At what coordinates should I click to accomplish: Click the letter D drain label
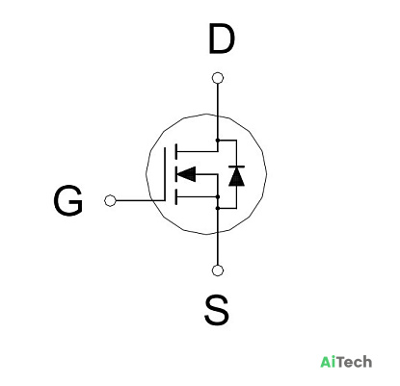(x=222, y=39)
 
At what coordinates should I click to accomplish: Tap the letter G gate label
(x=68, y=200)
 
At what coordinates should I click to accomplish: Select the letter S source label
(x=217, y=310)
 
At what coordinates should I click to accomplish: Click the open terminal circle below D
(x=218, y=78)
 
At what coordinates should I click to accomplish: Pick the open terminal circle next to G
(x=110, y=200)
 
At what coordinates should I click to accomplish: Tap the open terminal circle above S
(x=218, y=270)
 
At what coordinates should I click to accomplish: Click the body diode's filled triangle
(x=236, y=176)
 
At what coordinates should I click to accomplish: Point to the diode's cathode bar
(x=236, y=167)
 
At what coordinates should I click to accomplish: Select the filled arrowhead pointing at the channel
(x=186, y=174)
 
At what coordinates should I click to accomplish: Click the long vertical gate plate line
(x=165, y=174)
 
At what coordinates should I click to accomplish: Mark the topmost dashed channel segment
(x=175, y=152)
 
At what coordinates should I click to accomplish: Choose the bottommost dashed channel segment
(x=175, y=196)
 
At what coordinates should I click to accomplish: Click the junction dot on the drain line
(x=218, y=141)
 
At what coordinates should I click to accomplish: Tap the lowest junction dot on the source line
(x=218, y=208)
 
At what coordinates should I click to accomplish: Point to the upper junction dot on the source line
(x=218, y=196)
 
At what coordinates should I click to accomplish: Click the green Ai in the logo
(x=328, y=362)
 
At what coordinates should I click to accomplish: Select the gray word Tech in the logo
(x=355, y=362)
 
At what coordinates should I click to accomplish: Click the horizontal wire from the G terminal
(x=140, y=200)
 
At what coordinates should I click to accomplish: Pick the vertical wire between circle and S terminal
(x=218, y=249)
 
